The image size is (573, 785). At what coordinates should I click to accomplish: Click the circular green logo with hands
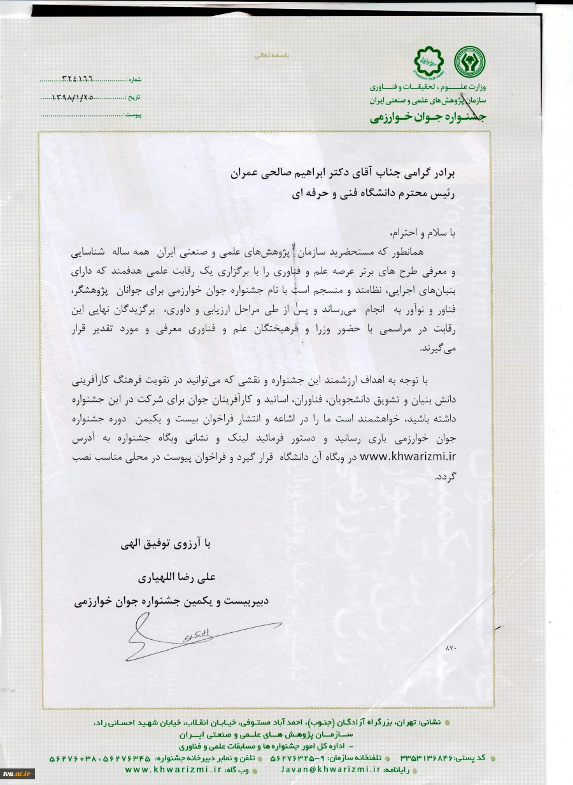point(469,62)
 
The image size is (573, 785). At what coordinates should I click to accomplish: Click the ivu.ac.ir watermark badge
point(17,774)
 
